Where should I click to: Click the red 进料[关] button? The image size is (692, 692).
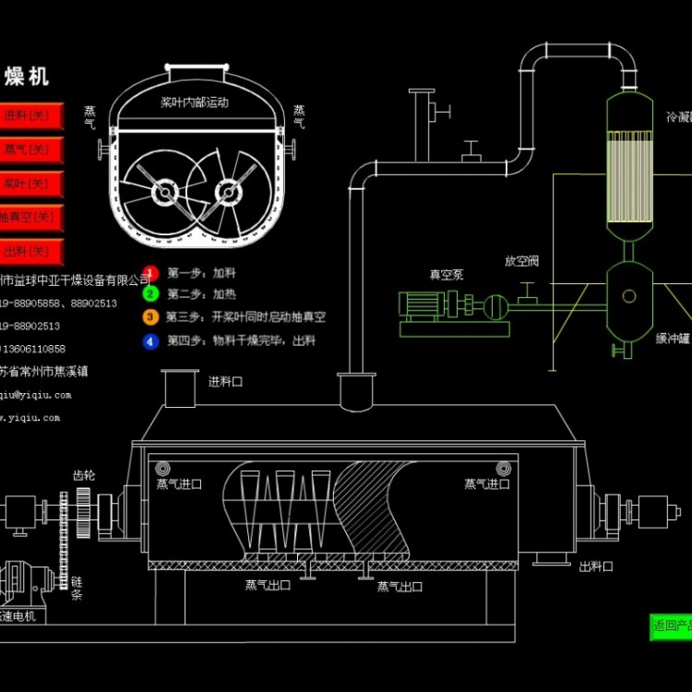(x=30, y=116)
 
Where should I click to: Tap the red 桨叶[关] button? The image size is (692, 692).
(x=30, y=184)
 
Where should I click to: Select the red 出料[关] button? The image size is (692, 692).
(x=30, y=251)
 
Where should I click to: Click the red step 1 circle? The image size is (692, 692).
(x=150, y=273)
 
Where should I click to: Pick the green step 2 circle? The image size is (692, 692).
(x=150, y=294)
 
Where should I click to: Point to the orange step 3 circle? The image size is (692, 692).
(x=150, y=316)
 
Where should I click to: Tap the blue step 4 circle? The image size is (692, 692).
(x=150, y=340)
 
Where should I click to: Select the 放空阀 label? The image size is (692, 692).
(x=521, y=261)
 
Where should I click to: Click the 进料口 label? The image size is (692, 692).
(x=226, y=381)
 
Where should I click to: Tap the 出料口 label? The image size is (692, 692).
(x=596, y=567)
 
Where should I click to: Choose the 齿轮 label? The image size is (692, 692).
(x=83, y=475)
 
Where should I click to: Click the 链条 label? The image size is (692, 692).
(x=77, y=589)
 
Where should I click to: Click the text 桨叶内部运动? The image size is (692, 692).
(x=194, y=102)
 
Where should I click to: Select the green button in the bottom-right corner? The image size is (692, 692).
(x=671, y=626)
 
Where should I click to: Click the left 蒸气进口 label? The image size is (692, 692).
(x=178, y=483)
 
